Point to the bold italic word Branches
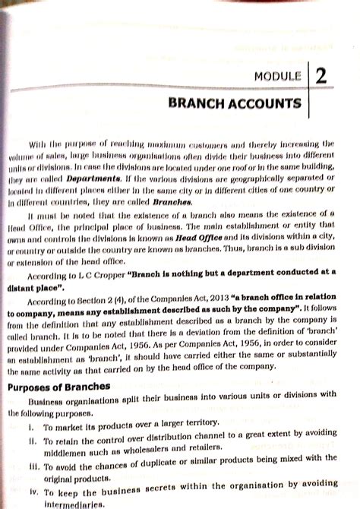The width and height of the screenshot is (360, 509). point(172,202)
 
